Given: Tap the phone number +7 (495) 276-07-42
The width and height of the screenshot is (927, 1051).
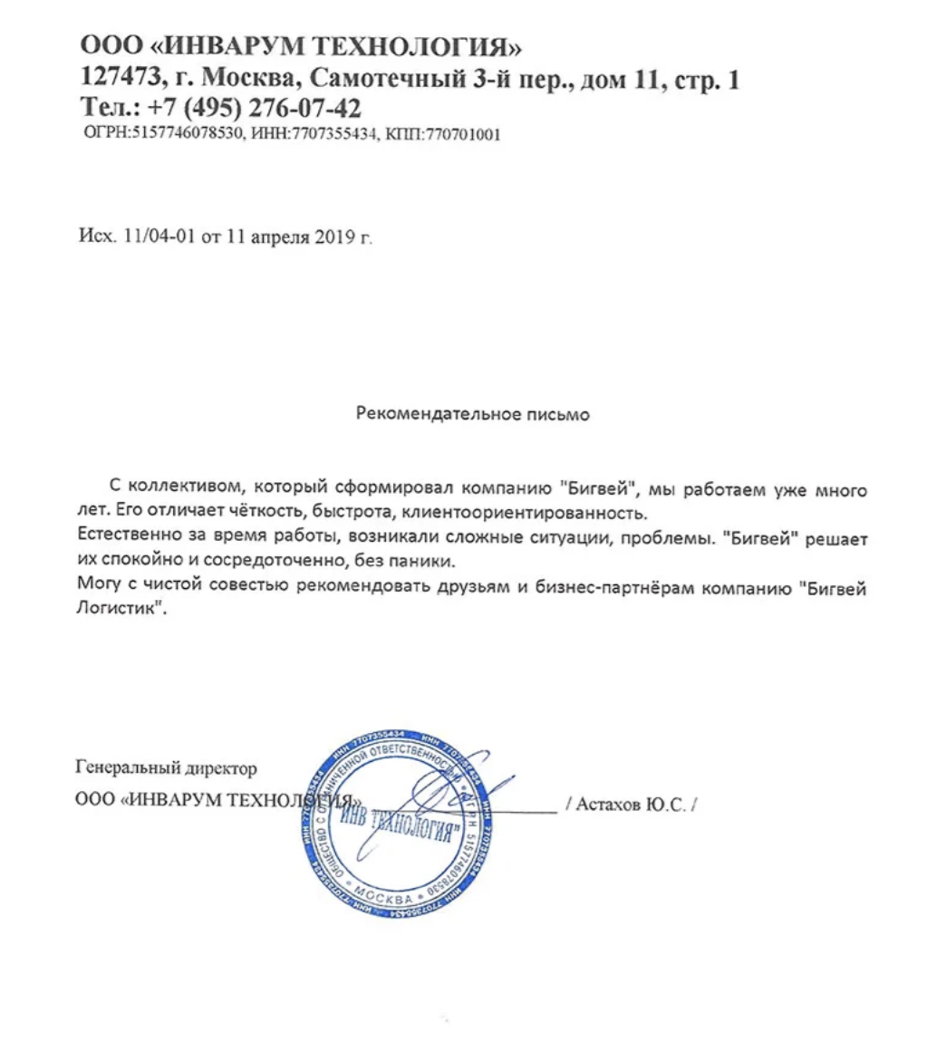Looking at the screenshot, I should (x=256, y=108).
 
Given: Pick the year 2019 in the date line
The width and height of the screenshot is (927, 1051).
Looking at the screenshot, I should (x=335, y=238).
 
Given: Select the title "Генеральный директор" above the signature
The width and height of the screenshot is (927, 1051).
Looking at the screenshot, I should (x=168, y=768).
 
